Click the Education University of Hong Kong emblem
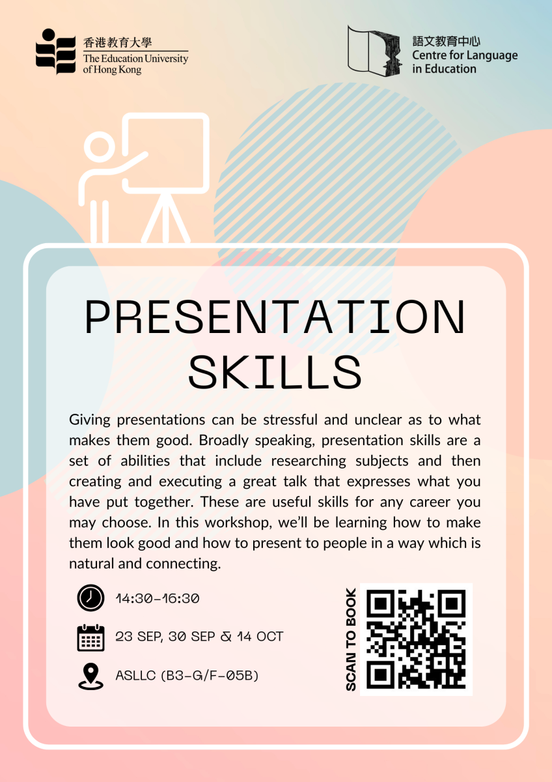55,51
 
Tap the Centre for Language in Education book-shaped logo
374,50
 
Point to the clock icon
90,598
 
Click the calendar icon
90,637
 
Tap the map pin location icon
90,676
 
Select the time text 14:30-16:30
157,598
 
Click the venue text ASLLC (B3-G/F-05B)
187,676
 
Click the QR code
416,639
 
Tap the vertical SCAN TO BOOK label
351,639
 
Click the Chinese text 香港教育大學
118,43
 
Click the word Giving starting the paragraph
90,419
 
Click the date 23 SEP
138,637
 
